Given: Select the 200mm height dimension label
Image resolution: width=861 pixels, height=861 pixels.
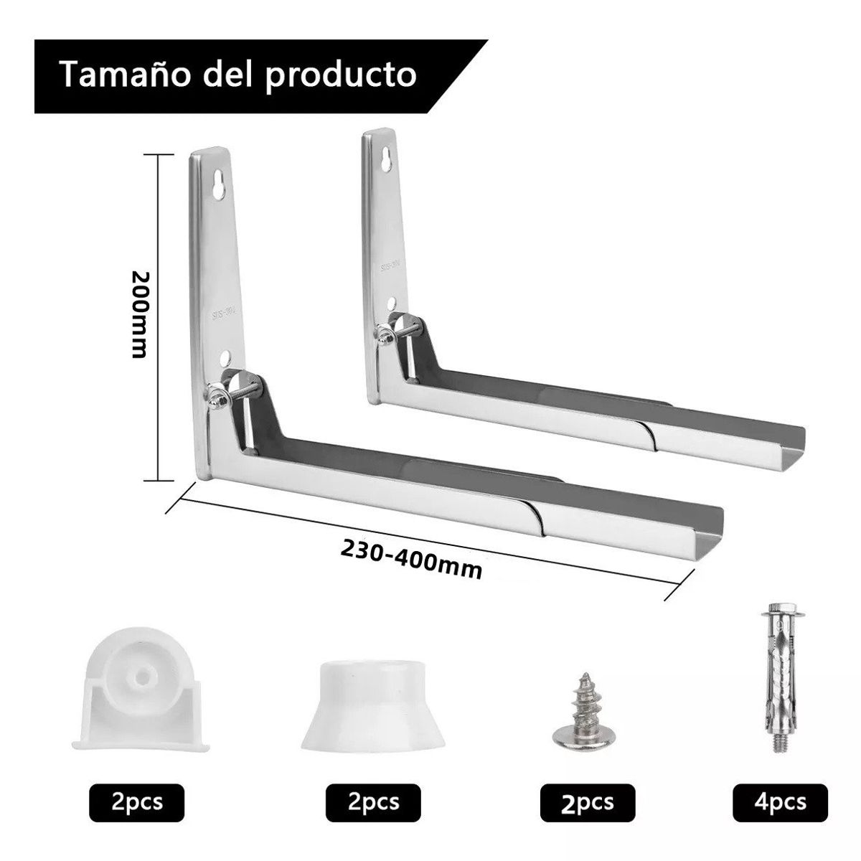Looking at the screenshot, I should point(139,314).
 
